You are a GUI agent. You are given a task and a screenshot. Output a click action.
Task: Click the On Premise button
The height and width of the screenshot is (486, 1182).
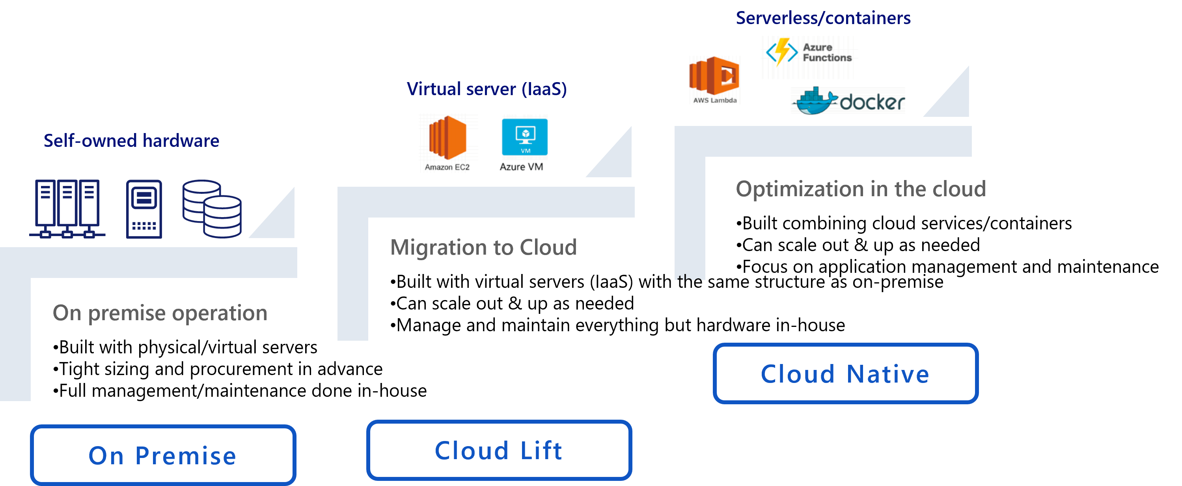pos(163,455)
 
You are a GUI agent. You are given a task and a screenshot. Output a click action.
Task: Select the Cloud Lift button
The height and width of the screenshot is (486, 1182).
pos(499,450)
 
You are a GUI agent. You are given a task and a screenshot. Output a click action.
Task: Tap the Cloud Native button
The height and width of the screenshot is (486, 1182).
pos(845,373)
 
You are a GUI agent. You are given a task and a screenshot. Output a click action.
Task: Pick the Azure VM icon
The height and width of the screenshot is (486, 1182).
pos(524,137)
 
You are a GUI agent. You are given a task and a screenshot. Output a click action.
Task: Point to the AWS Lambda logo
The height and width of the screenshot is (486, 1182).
pos(714,75)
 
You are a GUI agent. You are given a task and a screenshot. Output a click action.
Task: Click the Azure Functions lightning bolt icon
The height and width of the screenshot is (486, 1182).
pos(781,51)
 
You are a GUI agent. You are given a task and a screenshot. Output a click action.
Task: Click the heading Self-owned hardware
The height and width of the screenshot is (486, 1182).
pos(131,141)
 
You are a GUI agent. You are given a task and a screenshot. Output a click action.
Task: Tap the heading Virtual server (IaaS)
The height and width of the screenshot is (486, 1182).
pos(487,89)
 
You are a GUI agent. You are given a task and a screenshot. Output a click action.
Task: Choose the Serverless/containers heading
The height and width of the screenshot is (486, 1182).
pos(823,18)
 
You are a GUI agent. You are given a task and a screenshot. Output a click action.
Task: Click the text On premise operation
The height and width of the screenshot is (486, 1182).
pos(160,313)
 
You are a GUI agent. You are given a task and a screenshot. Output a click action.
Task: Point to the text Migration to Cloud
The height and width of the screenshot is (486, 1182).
pos(483,247)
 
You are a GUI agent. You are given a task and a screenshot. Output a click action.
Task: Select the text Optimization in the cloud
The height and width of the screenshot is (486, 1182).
pos(860,189)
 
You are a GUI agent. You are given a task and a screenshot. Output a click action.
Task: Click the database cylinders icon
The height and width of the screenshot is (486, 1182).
pos(212,209)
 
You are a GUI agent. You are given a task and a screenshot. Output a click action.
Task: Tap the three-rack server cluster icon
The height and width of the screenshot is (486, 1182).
pos(67,209)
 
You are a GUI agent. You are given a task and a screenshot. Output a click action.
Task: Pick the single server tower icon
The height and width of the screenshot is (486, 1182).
pos(144,209)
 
